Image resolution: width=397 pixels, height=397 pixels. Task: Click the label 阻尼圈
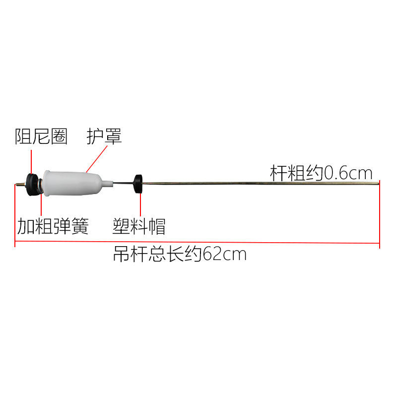tap(41, 136)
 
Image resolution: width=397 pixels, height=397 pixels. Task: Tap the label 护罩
tap(104, 136)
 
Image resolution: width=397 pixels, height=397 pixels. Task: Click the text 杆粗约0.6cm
tap(321, 173)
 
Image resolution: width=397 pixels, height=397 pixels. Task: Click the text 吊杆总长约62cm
tap(180, 255)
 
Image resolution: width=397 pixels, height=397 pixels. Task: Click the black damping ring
tap(33, 184)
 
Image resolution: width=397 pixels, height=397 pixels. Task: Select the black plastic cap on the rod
tap(137, 184)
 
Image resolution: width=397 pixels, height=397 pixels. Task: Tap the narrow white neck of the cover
tap(106, 184)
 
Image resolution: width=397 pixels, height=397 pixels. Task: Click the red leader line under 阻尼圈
tap(31, 159)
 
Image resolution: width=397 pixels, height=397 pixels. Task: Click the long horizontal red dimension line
tap(198, 243)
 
